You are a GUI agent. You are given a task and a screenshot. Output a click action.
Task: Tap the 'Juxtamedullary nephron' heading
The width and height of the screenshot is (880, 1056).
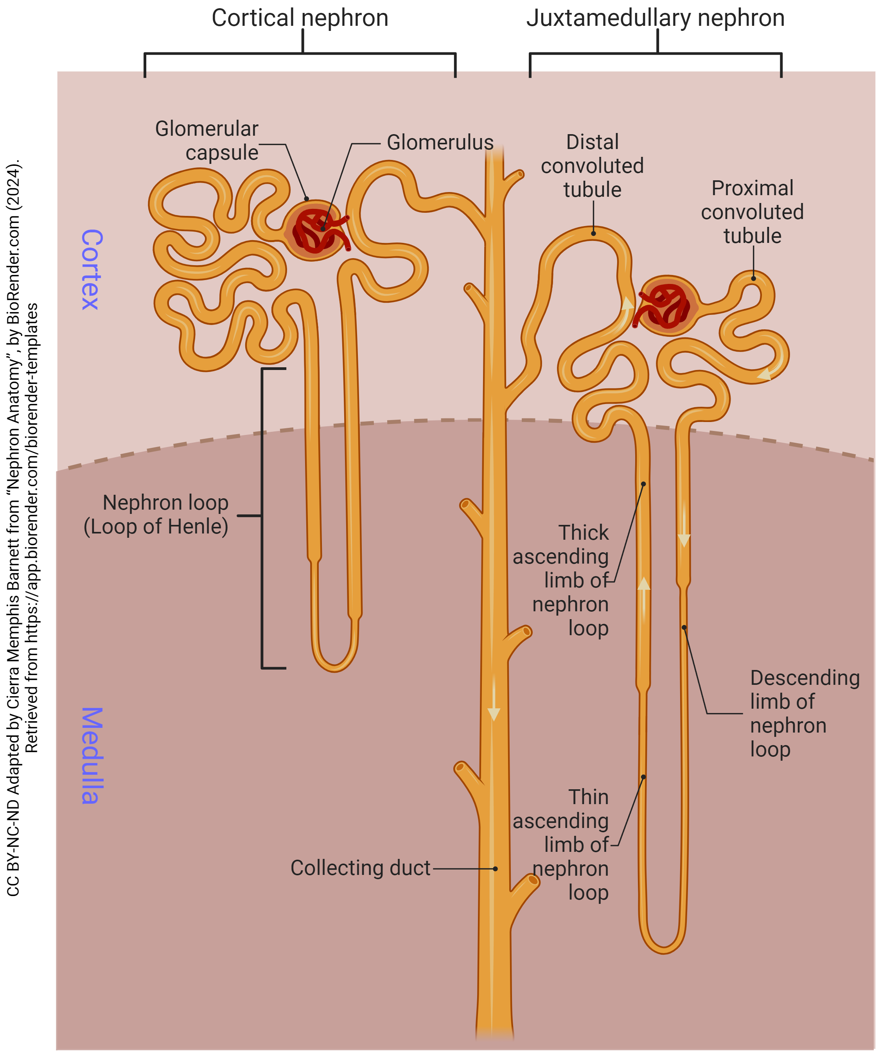[655, 18]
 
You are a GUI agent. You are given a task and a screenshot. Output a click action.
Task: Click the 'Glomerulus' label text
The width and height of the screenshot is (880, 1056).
[440, 143]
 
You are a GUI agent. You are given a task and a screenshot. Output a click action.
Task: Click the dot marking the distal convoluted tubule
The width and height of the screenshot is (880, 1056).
[593, 233]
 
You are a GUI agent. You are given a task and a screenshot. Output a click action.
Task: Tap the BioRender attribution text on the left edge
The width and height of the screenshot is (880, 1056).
[22, 528]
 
